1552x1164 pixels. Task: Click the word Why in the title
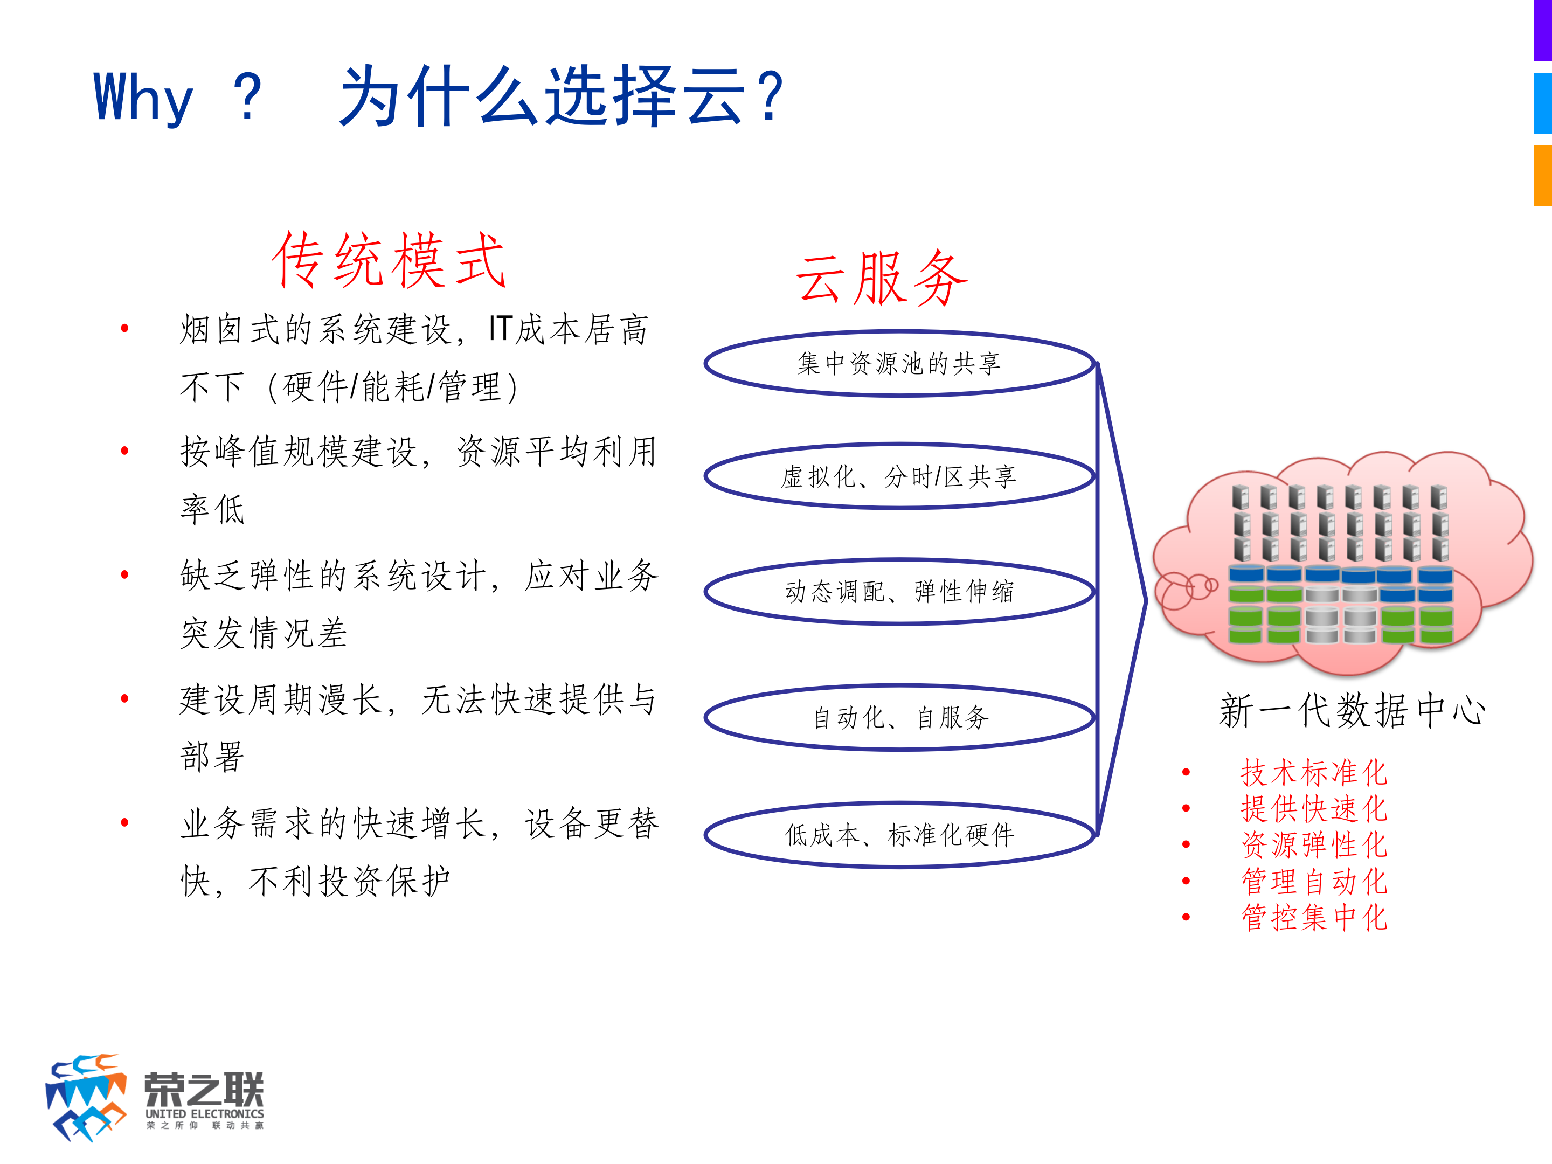143,98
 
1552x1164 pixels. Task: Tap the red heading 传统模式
388,261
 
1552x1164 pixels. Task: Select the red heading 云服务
881,279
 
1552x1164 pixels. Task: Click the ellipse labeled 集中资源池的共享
899,363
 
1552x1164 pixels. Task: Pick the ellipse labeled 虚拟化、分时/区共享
899,476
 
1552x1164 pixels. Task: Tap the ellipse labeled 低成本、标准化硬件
899,835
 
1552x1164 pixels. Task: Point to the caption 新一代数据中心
1352,710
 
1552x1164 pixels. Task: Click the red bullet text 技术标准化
1313,772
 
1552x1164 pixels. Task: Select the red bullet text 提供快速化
1313,809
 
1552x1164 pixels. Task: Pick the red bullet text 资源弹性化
1313,845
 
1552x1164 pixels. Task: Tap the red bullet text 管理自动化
1313,881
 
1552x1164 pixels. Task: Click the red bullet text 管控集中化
1313,918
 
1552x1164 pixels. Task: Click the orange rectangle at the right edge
1542,175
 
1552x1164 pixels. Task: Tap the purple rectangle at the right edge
1542,30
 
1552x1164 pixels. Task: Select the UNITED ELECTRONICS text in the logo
204,1113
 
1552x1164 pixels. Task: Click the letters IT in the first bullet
500,329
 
